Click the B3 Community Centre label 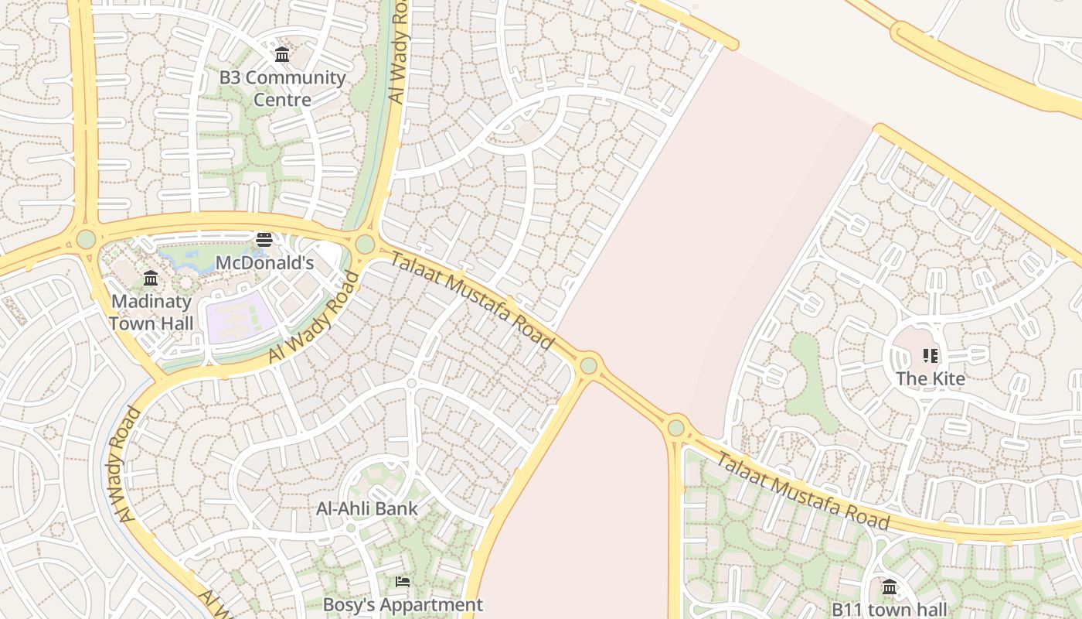pyautogui.click(x=282, y=88)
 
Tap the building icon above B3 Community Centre pyautogui.click(x=282, y=55)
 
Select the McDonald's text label pyautogui.click(x=264, y=263)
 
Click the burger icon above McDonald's pyautogui.click(x=264, y=239)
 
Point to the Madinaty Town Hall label pyautogui.click(x=151, y=312)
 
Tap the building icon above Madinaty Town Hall pyautogui.click(x=151, y=278)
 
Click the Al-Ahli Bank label pyautogui.click(x=367, y=508)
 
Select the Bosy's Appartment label pyautogui.click(x=403, y=604)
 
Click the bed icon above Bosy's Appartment pyautogui.click(x=402, y=581)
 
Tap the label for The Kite pyautogui.click(x=931, y=378)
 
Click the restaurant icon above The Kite pyautogui.click(x=931, y=356)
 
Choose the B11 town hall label pyautogui.click(x=889, y=609)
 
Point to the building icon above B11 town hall pyautogui.click(x=890, y=587)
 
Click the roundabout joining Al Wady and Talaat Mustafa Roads pyautogui.click(x=365, y=245)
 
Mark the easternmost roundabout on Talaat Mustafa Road pyautogui.click(x=676, y=427)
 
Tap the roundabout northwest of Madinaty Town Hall pyautogui.click(x=86, y=238)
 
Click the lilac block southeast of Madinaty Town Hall pyautogui.click(x=240, y=319)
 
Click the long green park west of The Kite pyautogui.click(x=808, y=379)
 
